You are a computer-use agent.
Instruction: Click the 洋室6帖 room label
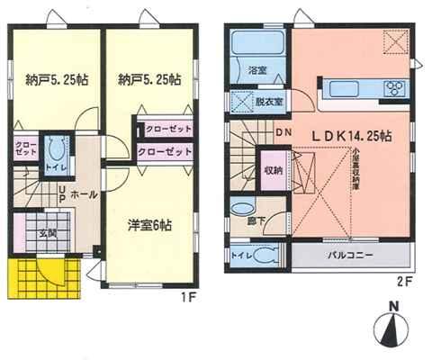[x=148, y=226]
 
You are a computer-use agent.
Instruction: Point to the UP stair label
[x=60, y=193]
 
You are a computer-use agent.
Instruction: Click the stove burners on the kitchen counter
[x=394, y=88]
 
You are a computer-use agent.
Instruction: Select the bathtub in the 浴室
[x=256, y=47]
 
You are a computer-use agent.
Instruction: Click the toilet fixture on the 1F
[x=53, y=154]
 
